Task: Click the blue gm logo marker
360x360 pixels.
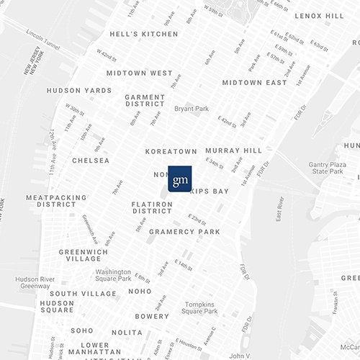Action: pos(179,179)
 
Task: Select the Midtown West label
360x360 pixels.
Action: pos(139,73)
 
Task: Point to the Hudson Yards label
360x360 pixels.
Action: pos(79,91)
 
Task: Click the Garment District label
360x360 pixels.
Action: pos(145,101)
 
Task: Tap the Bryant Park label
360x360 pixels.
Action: pos(191,109)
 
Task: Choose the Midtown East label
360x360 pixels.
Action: pos(254,83)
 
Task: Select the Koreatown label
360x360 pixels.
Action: pos(171,152)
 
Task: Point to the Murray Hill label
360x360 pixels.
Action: pos(233,150)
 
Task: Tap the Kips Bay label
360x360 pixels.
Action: pos(210,192)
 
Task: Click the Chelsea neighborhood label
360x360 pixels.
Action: pos(91,161)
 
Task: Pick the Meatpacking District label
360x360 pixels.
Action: pos(56,201)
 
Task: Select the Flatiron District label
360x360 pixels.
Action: pos(152,208)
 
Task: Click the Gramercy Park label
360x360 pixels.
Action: pos(184,232)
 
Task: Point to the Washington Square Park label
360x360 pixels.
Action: pos(114,275)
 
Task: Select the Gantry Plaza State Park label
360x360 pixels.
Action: pos(328,168)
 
